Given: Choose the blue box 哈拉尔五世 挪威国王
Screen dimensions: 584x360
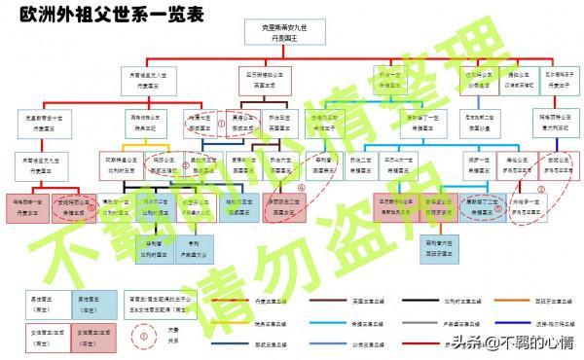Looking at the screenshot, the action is [x=238, y=205].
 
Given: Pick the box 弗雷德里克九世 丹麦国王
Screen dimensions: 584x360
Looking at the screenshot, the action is [x=36, y=163].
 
